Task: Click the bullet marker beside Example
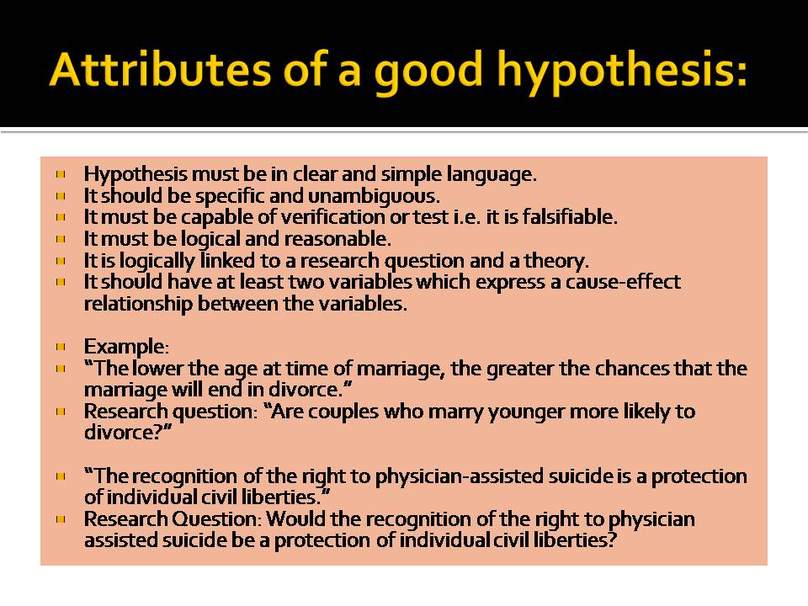click(61, 346)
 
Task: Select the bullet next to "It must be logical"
click(61, 238)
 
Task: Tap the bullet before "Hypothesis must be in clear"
click(61, 175)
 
